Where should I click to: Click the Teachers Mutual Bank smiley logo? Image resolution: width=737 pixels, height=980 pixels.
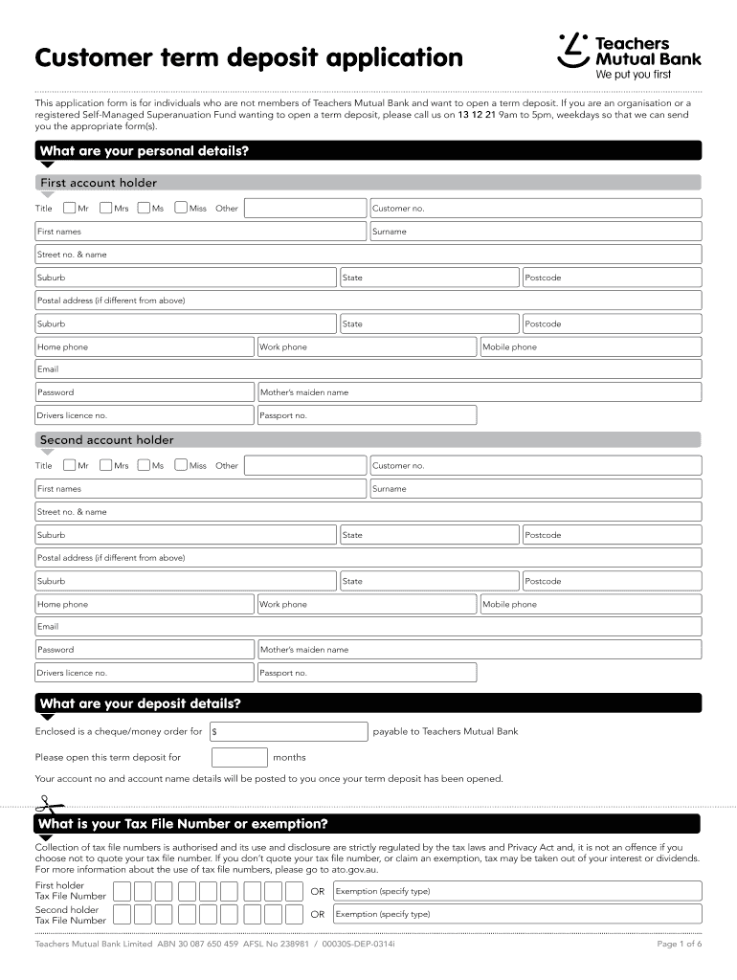tap(572, 50)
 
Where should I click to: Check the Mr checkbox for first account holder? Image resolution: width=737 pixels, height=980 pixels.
tap(69, 208)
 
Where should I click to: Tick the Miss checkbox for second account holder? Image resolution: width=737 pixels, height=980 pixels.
tap(181, 465)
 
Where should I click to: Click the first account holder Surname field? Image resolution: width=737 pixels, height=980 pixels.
tap(535, 232)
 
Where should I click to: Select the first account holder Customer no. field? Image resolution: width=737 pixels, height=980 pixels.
tap(535, 209)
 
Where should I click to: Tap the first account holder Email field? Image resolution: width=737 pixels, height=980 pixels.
tap(368, 369)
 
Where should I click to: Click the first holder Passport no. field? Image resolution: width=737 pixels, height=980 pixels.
tap(367, 415)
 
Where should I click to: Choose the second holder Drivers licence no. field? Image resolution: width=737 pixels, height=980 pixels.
tap(145, 673)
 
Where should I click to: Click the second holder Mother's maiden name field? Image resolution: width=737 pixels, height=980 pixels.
tap(479, 650)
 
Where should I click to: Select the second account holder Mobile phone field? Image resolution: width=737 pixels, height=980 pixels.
tap(590, 604)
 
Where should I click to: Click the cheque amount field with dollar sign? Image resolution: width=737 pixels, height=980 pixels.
tap(288, 732)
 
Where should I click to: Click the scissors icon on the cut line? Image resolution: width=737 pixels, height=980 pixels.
tap(44, 803)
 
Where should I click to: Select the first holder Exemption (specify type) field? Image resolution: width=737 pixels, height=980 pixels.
tap(517, 891)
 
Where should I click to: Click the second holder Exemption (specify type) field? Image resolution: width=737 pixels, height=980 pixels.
tap(517, 914)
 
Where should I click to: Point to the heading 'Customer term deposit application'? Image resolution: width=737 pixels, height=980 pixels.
tap(249, 58)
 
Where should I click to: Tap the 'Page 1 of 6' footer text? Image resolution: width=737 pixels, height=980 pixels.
tap(679, 944)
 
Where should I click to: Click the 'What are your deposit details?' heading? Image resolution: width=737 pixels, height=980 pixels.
tap(140, 704)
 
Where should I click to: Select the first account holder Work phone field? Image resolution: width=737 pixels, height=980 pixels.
tap(367, 346)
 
